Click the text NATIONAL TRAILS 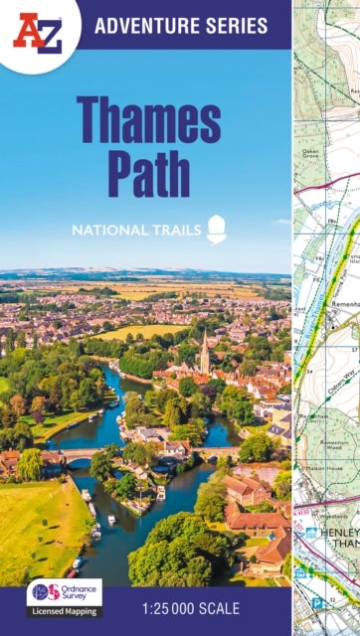pos(134,231)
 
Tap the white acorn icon pos(216,230)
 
